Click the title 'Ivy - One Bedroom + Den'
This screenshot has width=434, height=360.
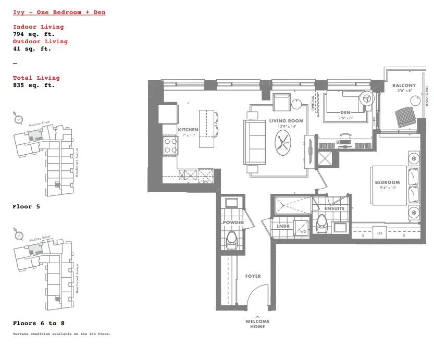pos(59,12)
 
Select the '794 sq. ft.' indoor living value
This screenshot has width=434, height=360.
pos(33,34)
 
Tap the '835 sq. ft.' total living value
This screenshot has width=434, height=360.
pos(33,85)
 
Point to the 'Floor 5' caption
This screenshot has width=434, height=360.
pos(26,207)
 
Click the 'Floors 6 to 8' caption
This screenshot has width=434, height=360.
pos(39,323)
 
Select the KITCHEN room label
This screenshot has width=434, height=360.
pos(188,130)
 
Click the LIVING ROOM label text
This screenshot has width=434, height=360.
pos(286,121)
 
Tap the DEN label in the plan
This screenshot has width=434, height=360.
pos(345,112)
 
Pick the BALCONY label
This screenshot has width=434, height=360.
pos(404,85)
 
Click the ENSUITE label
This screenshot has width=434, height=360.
pos(334,208)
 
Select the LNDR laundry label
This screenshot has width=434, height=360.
pos(284,226)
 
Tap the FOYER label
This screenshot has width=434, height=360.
pos(253,276)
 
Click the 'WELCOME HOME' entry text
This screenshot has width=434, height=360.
pos(257,324)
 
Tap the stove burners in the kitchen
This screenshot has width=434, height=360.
pos(171,145)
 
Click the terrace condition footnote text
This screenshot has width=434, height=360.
pos(61,333)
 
